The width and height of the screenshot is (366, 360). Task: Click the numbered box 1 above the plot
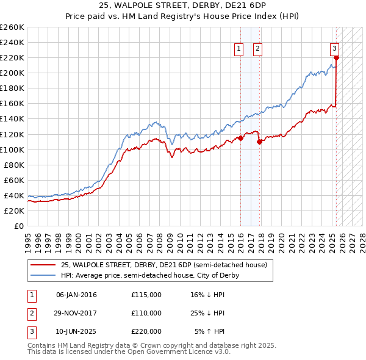[238, 49]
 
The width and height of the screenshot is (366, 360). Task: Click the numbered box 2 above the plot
[257, 49]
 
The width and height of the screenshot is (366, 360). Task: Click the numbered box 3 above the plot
[335, 49]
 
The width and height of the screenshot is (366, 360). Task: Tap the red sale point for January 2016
[240, 138]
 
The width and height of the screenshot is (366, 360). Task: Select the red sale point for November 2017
[260, 142]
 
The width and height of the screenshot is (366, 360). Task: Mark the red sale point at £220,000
[336, 58]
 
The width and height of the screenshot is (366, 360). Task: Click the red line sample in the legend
[43, 265]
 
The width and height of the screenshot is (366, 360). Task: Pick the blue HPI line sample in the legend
[43, 275]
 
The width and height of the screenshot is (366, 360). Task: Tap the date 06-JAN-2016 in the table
[76, 295]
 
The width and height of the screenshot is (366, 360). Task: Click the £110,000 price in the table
[146, 313]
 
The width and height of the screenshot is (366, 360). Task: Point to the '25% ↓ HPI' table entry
[207, 313]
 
